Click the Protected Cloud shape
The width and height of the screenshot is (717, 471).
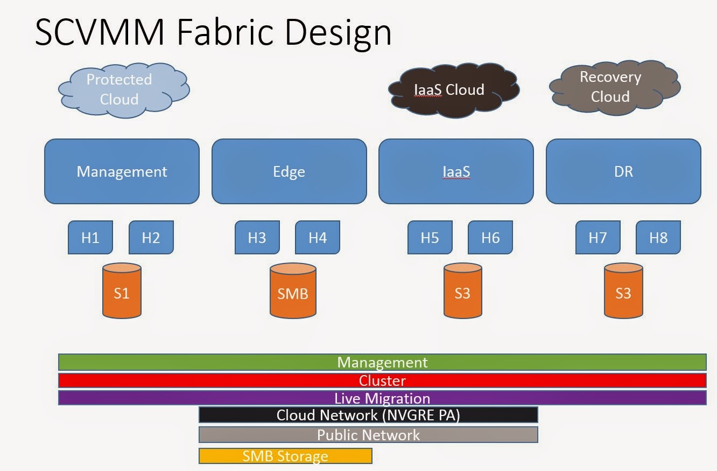click(122, 89)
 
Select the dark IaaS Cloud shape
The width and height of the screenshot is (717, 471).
click(453, 90)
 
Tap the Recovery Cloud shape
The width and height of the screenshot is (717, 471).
click(614, 87)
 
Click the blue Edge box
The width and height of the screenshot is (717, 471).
click(289, 171)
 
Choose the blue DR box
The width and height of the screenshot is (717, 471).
click(623, 171)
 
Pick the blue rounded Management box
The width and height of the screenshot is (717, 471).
click(122, 171)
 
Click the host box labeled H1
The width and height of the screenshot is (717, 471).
click(90, 238)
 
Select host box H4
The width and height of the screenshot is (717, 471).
click(318, 238)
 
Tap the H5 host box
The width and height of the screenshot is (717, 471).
click(430, 238)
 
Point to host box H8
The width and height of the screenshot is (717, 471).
click(658, 238)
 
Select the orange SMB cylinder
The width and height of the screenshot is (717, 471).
click(293, 292)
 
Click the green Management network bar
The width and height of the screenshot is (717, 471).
click(382, 362)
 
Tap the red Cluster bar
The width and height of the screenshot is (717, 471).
click(382, 380)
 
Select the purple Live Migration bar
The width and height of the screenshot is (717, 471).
click(382, 398)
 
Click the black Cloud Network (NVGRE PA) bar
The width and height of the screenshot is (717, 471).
click(368, 415)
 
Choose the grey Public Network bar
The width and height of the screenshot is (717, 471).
click(368, 435)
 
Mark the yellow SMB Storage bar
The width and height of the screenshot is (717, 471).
click(285, 456)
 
